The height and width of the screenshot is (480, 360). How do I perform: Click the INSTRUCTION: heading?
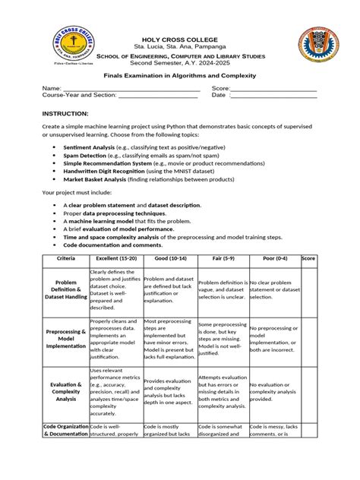65,113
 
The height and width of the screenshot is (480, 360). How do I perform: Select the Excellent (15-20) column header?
115,260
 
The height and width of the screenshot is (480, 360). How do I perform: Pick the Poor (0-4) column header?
273,260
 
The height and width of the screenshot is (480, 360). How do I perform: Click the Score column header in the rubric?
308,260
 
